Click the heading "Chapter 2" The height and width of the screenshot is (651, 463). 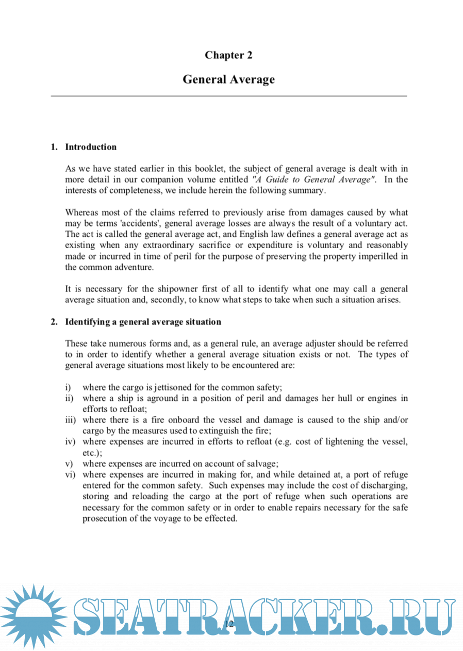tap(228, 55)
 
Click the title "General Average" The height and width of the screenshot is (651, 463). tap(228, 79)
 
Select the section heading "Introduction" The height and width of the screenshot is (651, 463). tap(91, 147)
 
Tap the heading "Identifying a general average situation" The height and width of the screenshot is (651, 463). tap(143, 322)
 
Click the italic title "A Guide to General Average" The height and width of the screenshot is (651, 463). tap(313, 180)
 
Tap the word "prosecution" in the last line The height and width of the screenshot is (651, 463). tap(106, 518)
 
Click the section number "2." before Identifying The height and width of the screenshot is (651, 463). tap(54, 322)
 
